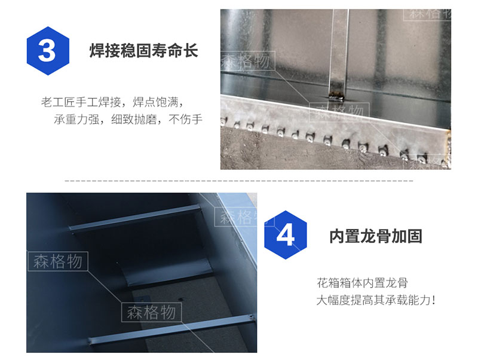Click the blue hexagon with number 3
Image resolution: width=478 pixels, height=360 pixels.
[x=48, y=51]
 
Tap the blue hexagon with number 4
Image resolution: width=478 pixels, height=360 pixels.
[x=286, y=234]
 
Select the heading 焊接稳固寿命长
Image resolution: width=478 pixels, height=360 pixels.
[x=143, y=51]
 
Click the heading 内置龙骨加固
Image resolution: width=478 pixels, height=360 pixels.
[x=376, y=236]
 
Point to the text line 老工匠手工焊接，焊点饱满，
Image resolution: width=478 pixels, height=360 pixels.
[x=112, y=102]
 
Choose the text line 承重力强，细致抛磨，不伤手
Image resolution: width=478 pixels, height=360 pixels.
[x=128, y=119]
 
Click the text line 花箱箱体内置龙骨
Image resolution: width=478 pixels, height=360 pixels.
[x=362, y=283]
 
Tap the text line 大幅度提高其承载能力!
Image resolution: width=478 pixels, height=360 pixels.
[x=376, y=300]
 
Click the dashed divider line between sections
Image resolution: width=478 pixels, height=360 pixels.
[x=238, y=181]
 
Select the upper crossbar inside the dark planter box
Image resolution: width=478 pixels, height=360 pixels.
[x=136, y=218]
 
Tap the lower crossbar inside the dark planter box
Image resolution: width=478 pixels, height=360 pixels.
[x=171, y=330]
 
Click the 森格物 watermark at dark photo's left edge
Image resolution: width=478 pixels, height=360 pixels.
[x=57, y=261]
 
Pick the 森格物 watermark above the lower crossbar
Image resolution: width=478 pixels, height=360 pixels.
[x=152, y=312]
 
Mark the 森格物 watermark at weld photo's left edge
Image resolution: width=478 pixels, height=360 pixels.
[x=248, y=61]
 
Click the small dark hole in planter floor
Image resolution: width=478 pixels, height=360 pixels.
[x=180, y=300]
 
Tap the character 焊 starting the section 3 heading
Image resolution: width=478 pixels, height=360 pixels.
[x=97, y=51]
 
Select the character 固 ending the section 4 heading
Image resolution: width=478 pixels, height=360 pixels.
[x=415, y=236]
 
